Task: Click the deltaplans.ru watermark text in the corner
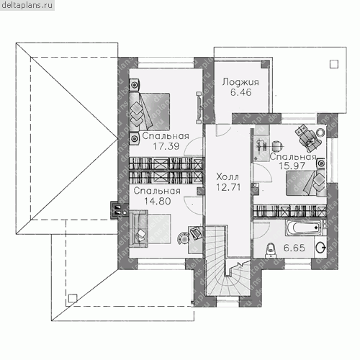27,5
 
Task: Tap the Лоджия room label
240,82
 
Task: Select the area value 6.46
241,92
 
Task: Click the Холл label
228,177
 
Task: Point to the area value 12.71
228,187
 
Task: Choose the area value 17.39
166,146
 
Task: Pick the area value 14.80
158,201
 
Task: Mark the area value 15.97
292,166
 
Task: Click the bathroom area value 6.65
294,248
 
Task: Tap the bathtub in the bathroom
303,228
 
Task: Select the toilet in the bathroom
271,250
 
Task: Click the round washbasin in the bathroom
320,248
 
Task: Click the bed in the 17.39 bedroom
149,112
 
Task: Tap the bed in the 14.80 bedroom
150,229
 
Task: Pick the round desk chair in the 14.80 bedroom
184,238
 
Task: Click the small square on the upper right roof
334,64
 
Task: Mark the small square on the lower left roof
73,298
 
